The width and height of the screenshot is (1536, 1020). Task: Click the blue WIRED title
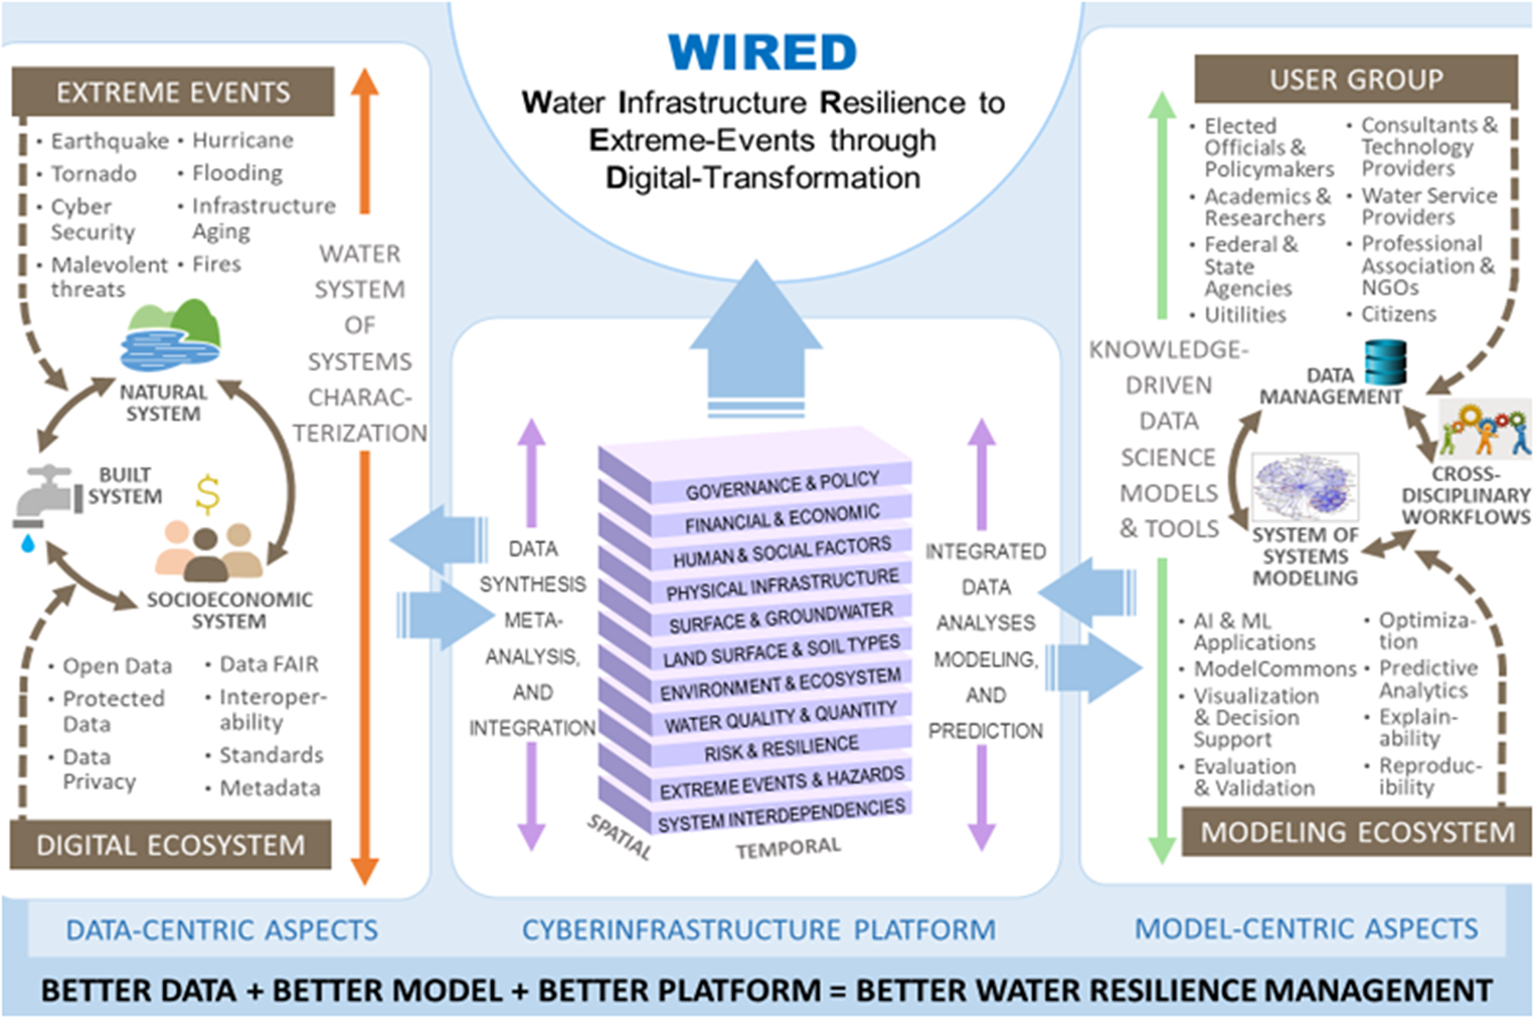(x=762, y=52)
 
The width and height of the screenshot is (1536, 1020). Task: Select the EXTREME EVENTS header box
(x=173, y=93)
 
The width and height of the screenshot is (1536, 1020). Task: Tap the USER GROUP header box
(x=1355, y=80)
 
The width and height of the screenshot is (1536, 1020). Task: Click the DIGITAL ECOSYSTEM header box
(x=170, y=845)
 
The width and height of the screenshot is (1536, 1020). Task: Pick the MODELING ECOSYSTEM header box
(x=1357, y=832)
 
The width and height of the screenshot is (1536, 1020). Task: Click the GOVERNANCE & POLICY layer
(x=782, y=485)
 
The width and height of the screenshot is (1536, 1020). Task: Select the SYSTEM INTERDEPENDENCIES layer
(x=780, y=814)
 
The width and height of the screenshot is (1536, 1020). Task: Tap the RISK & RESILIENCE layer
(x=780, y=749)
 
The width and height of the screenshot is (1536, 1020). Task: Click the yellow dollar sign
(x=207, y=494)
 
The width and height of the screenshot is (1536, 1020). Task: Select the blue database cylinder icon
(x=1385, y=362)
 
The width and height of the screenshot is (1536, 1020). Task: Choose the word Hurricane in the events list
(x=242, y=141)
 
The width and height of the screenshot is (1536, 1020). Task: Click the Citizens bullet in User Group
(x=1398, y=314)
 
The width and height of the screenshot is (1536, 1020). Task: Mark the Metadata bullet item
(x=269, y=788)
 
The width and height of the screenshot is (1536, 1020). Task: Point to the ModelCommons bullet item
(x=1274, y=669)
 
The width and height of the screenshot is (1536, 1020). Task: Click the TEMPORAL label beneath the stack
(x=788, y=847)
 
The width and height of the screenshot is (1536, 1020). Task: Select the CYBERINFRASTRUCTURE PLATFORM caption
(x=759, y=930)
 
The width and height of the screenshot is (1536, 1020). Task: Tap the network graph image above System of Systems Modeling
(x=1305, y=487)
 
